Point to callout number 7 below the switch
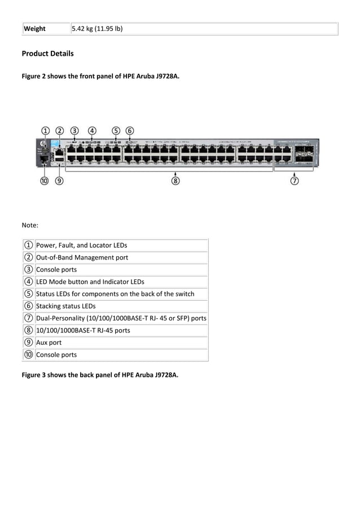pos(295,181)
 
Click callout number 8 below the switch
pos(176,181)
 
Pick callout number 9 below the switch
pos(59,181)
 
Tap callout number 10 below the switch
pos(44,181)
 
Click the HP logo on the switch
pos(43,146)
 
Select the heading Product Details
pos(47,54)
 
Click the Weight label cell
pos(34,29)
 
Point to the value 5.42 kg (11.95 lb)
pos(97,29)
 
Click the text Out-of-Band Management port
pos(82,257)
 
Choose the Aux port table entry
pos(49,343)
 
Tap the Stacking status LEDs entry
pos(65,306)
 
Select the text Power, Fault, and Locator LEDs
pos(81,245)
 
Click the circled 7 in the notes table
pos(28,318)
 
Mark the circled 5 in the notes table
pos(28,293)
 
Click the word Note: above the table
pos(30,225)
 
